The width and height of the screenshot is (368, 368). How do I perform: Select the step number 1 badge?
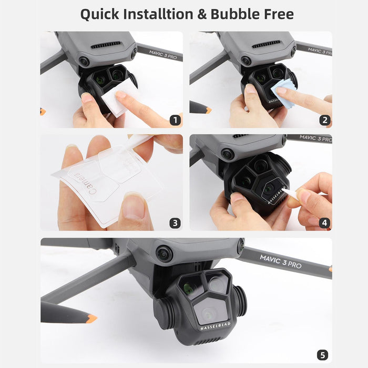click(x=175, y=120)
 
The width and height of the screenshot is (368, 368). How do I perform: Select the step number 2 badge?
click(x=324, y=120)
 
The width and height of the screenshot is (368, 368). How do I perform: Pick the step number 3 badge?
click(x=175, y=223)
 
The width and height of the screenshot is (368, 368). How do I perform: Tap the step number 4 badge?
click(x=324, y=223)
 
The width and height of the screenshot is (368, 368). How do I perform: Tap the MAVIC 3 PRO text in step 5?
click(x=281, y=261)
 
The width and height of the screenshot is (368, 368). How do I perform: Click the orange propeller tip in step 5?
click(x=91, y=318)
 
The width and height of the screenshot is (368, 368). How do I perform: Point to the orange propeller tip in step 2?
click(x=209, y=110)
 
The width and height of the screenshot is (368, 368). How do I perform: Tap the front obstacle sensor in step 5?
click(x=164, y=254)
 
